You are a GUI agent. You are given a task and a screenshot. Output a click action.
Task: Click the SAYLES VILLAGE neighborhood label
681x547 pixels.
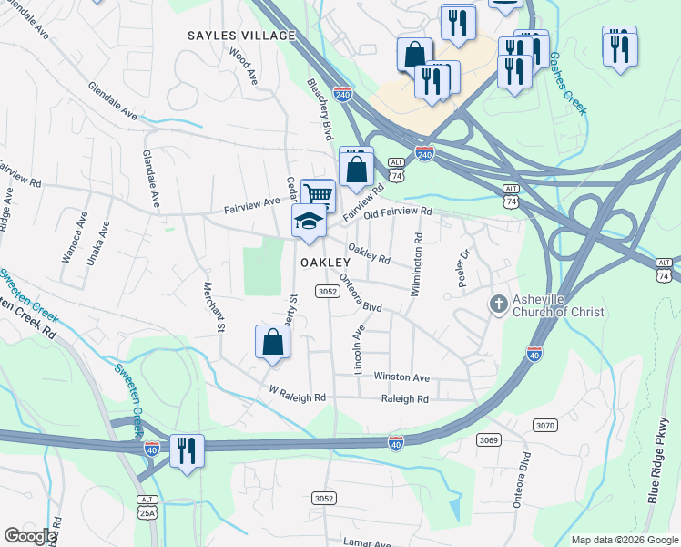pos(241,36)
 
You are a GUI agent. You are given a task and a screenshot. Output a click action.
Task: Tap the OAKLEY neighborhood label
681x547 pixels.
pos(325,263)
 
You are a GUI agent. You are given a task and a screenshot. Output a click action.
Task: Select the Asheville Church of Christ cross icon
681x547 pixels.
pos(498,303)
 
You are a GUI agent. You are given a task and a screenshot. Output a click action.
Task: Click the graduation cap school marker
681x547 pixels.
pos(309,222)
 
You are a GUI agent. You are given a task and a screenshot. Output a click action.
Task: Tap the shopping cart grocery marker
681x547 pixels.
pos(318,194)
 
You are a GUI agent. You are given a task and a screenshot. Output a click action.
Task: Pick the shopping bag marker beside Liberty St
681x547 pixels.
pos(272,343)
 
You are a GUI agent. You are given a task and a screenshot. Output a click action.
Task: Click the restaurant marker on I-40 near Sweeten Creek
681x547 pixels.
pos(187,451)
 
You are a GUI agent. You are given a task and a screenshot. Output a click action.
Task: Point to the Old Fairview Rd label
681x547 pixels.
pos(397,212)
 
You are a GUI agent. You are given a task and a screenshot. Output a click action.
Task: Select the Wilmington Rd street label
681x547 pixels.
pos(416,265)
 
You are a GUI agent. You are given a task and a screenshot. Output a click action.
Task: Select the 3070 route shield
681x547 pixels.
pos(545,425)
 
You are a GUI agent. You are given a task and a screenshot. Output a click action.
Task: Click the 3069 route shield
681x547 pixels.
pos(489,440)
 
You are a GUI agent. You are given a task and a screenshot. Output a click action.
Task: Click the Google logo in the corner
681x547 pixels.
pos(30,536)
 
